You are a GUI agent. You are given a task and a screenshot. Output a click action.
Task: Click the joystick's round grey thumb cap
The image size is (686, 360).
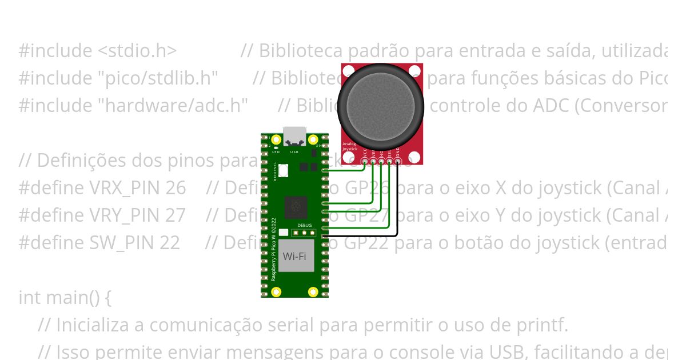click(x=381, y=105)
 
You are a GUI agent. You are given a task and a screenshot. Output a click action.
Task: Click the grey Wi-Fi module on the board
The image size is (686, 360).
click(x=297, y=255)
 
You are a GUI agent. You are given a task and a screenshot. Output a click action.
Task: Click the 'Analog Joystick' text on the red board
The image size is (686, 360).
click(x=349, y=146)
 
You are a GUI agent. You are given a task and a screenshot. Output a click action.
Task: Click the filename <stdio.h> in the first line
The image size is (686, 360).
click(x=137, y=51)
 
